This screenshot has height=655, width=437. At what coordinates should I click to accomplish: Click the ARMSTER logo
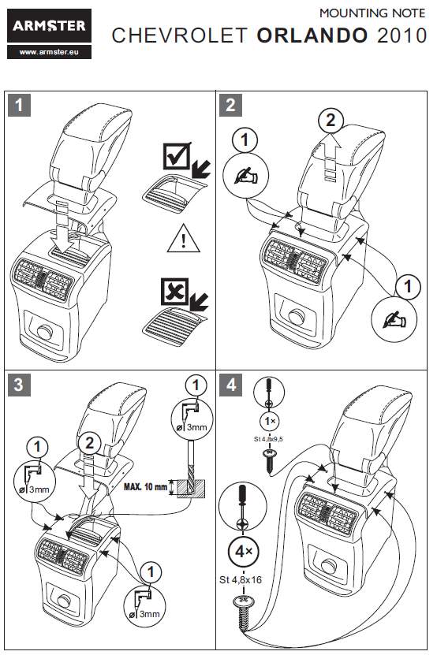point(49,26)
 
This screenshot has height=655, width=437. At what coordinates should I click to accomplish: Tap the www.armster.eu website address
point(49,52)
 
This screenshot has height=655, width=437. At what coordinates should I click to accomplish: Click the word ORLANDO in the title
point(313,35)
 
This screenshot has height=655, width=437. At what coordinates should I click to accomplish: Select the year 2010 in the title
point(402,35)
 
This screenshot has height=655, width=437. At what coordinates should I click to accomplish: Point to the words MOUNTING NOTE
point(372,13)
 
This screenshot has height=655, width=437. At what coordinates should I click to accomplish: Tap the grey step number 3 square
point(19,385)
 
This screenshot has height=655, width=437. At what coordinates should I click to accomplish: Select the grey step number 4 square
point(230,385)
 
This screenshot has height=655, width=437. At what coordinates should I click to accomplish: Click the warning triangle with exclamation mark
point(184,239)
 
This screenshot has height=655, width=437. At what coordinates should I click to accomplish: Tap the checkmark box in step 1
point(177,156)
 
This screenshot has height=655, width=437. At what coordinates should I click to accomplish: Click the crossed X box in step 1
point(175,292)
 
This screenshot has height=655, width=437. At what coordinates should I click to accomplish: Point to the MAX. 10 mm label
point(145,486)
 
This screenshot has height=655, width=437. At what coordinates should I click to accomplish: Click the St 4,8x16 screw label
point(241,580)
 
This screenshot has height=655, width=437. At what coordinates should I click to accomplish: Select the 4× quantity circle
point(244,552)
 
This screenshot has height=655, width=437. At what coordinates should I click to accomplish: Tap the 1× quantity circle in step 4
point(270,421)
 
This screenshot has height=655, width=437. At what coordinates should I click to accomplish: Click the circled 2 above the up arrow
point(331,121)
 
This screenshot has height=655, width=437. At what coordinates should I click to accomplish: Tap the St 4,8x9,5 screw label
point(268,439)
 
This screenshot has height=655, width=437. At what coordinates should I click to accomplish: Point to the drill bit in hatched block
point(191,476)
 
